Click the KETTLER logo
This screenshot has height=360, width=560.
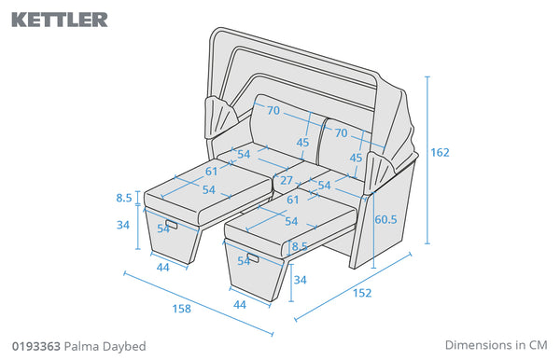pos(60,20)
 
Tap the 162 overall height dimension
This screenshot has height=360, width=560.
pos(440,152)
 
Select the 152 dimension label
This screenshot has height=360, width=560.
pos(362,293)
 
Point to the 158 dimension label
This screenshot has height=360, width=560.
pos(182,309)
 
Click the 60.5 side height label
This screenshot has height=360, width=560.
pos(385,219)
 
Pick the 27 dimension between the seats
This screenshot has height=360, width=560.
pos(287,181)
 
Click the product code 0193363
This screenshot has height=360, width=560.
pos(36,346)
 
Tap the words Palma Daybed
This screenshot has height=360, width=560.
pos(105,346)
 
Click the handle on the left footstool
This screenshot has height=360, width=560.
pos(172,225)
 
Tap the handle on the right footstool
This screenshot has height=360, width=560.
pos(253,257)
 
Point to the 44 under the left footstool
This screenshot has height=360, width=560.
pos(162,268)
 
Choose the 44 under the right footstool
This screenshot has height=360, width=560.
pos(240,305)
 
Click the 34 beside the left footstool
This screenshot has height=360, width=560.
pos(123,225)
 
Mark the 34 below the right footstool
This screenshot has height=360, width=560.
pos(300,280)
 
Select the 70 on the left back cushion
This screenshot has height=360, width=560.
pos(273,110)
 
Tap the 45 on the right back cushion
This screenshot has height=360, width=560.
pos(356,158)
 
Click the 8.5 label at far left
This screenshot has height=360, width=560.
pos(124,198)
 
